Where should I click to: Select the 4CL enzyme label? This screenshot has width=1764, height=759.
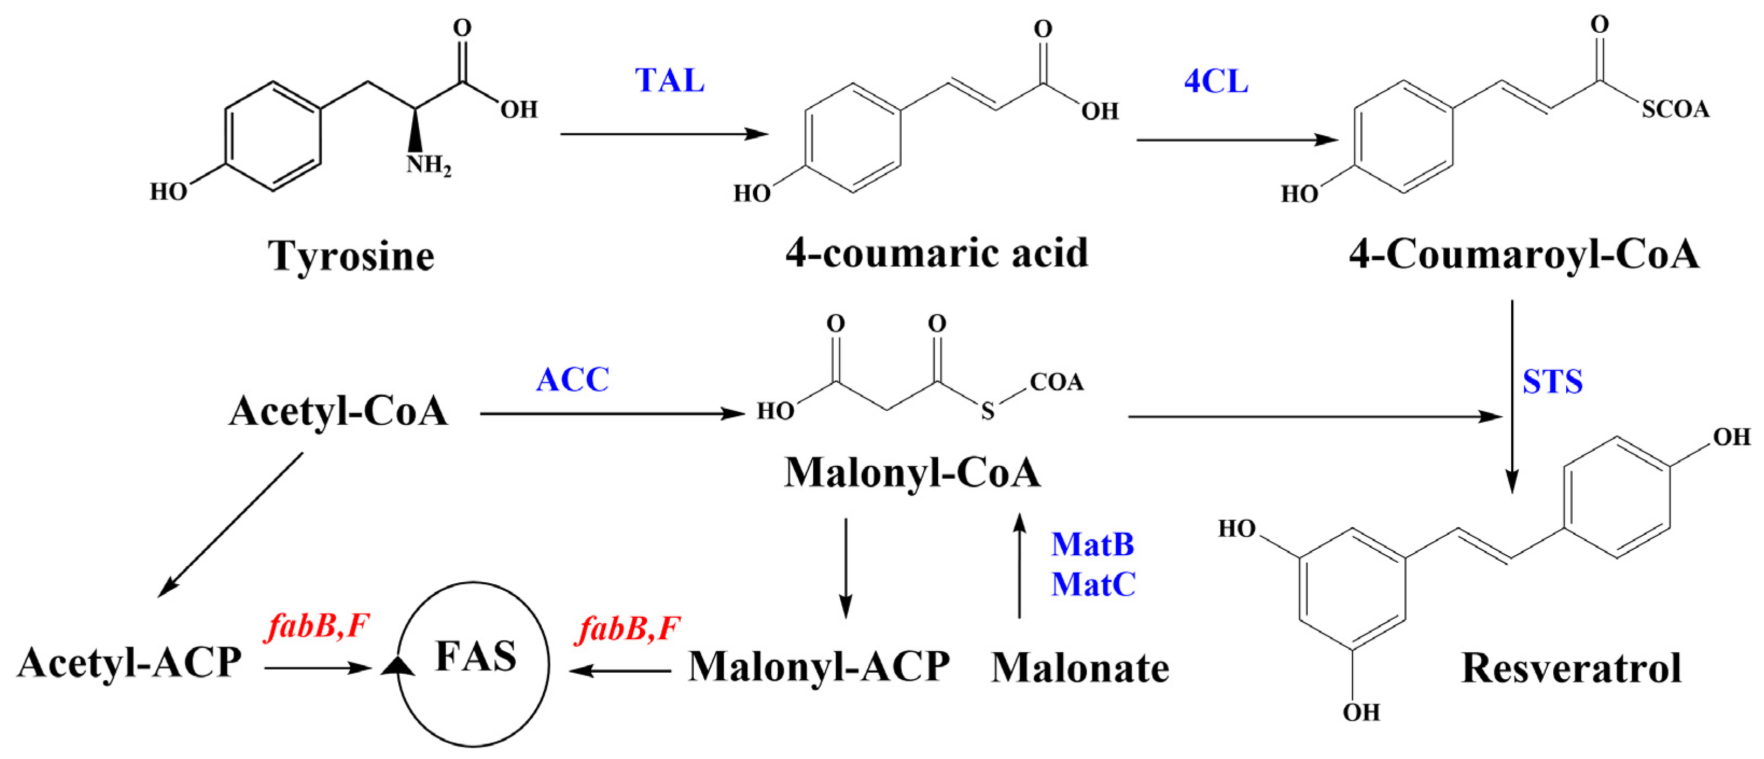click(x=1216, y=81)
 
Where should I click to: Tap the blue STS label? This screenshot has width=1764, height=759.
click(x=1552, y=382)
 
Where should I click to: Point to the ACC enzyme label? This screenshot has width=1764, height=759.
click(x=572, y=379)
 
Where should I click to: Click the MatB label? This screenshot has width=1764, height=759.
click(x=1093, y=544)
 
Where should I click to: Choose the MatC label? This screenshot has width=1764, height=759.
click(x=1094, y=584)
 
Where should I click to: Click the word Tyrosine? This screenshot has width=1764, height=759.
click(x=351, y=256)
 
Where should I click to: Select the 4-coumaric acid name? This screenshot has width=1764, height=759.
click(x=937, y=253)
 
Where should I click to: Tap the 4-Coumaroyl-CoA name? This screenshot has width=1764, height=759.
click(x=1524, y=255)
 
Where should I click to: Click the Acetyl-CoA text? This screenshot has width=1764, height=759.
click(x=338, y=412)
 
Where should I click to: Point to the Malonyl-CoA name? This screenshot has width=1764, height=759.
click(x=912, y=472)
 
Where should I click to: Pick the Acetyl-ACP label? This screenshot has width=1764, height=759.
click(x=129, y=663)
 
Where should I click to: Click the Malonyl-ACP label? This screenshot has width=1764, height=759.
click(x=819, y=666)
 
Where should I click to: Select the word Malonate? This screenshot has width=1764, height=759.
click(x=1080, y=668)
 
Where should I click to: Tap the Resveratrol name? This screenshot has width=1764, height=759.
click(x=1572, y=668)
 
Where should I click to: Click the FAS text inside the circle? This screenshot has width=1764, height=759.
click(x=476, y=656)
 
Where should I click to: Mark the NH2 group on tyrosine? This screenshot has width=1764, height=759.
click(x=428, y=165)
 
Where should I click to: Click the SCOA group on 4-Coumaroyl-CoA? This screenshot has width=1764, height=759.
click(x=1675, y=109)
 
